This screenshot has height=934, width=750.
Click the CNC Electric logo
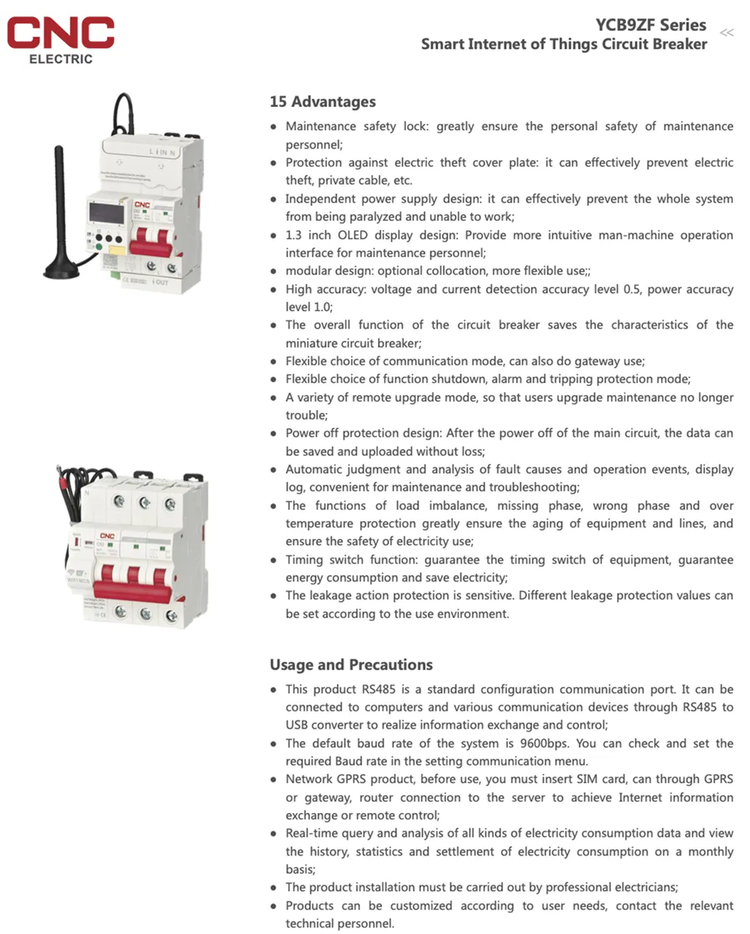click(61, 40)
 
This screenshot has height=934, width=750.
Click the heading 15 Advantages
click(323, 102)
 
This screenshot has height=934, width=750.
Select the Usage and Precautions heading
click(351, 665)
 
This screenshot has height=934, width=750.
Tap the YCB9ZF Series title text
click(650, 25)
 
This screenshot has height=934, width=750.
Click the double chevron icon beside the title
click(727, 33)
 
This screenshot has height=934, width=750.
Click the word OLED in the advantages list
click(352, 235)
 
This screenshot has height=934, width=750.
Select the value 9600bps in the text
click(544, 744)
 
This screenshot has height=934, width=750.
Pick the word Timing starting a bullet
click(304, 560)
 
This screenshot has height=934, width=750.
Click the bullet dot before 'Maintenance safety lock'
click(273, 127)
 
